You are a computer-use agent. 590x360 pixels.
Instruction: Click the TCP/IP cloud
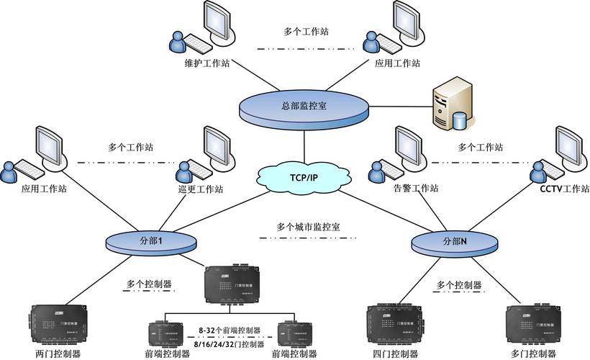tap(304, 177)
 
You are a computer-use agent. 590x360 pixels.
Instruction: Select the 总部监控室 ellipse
tap(304, 107)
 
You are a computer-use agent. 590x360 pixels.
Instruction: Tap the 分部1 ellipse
tap(152, 240)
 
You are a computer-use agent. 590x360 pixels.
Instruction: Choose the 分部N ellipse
tap(454, 240)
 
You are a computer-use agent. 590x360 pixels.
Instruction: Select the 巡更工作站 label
tap(200, 190)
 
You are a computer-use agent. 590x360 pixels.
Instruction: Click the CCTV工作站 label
tap(564, 189)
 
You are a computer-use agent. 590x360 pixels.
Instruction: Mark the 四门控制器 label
tap(395, 354)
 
